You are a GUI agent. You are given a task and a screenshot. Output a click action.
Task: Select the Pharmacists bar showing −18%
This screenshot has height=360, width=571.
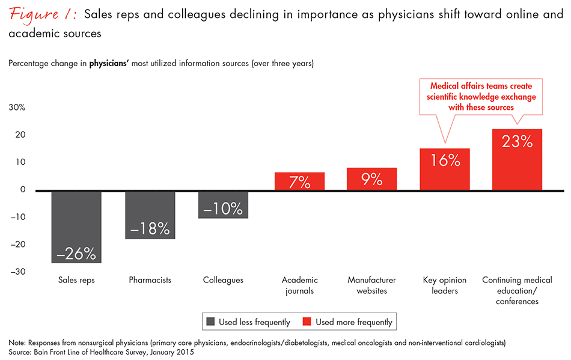pyautogui.click(x=150, y=215)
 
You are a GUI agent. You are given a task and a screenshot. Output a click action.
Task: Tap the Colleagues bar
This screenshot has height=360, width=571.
pyautogui.click(x=223, y=204)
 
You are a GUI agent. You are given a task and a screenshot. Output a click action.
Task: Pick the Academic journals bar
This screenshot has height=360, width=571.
pyautogui.click(x=299, y=182)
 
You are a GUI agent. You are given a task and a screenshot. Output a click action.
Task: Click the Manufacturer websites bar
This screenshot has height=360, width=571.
pyautogui.click(x=371, y=179)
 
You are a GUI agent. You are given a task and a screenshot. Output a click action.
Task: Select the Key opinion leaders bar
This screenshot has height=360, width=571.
pyautogui.click(x=445, y=169)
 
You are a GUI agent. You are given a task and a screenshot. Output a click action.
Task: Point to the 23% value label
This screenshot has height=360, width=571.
pyautogui.click(x=517, y=142)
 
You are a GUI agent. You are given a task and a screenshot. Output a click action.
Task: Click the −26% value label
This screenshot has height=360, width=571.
pyautogui.click(x=76, y=254)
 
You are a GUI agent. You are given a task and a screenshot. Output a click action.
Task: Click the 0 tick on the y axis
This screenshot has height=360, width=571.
pyautogui.click(x=23, y=190)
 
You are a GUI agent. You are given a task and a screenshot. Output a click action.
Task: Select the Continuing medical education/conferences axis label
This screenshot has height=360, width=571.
pyautogui.click(x=517, y=291)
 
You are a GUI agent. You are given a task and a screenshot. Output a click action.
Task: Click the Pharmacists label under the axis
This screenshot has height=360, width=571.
pyautogui.click(x=150, y=281)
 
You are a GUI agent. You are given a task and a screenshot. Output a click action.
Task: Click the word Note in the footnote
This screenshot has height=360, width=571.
pyautogui.click(x=18, y=343)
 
